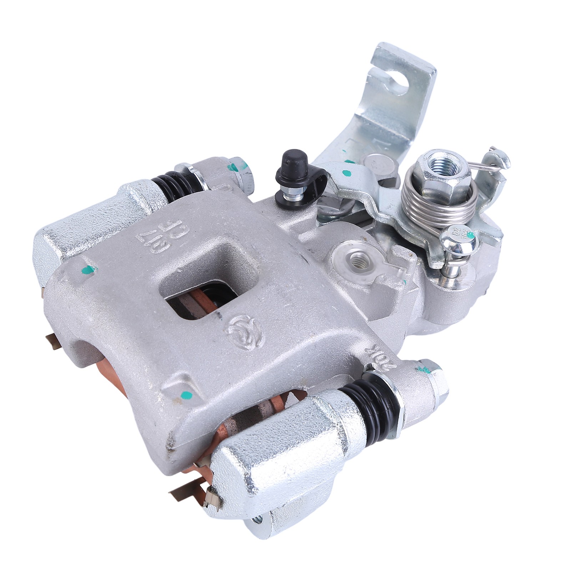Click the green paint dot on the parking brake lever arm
coord(345,174)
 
